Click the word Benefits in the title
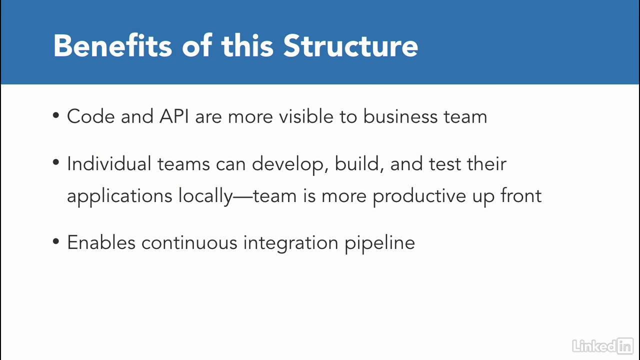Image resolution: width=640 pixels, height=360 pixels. (113, 45)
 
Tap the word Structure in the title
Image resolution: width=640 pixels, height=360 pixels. (350, 45)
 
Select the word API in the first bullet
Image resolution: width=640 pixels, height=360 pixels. (174, 116)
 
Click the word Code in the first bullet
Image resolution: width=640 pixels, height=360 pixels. (91, 116)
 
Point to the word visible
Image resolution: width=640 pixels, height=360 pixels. (306, 116)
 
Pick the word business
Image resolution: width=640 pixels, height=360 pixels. (400, 116)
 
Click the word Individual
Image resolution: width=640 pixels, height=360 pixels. (109, 163)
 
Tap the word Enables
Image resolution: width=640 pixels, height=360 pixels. (101, 242)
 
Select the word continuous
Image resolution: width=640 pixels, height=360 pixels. (189, 243)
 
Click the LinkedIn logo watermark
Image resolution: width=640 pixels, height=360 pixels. (603, 346)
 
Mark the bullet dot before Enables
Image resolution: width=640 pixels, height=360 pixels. (56, 241)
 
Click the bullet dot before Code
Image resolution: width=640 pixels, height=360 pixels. (56, 115)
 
